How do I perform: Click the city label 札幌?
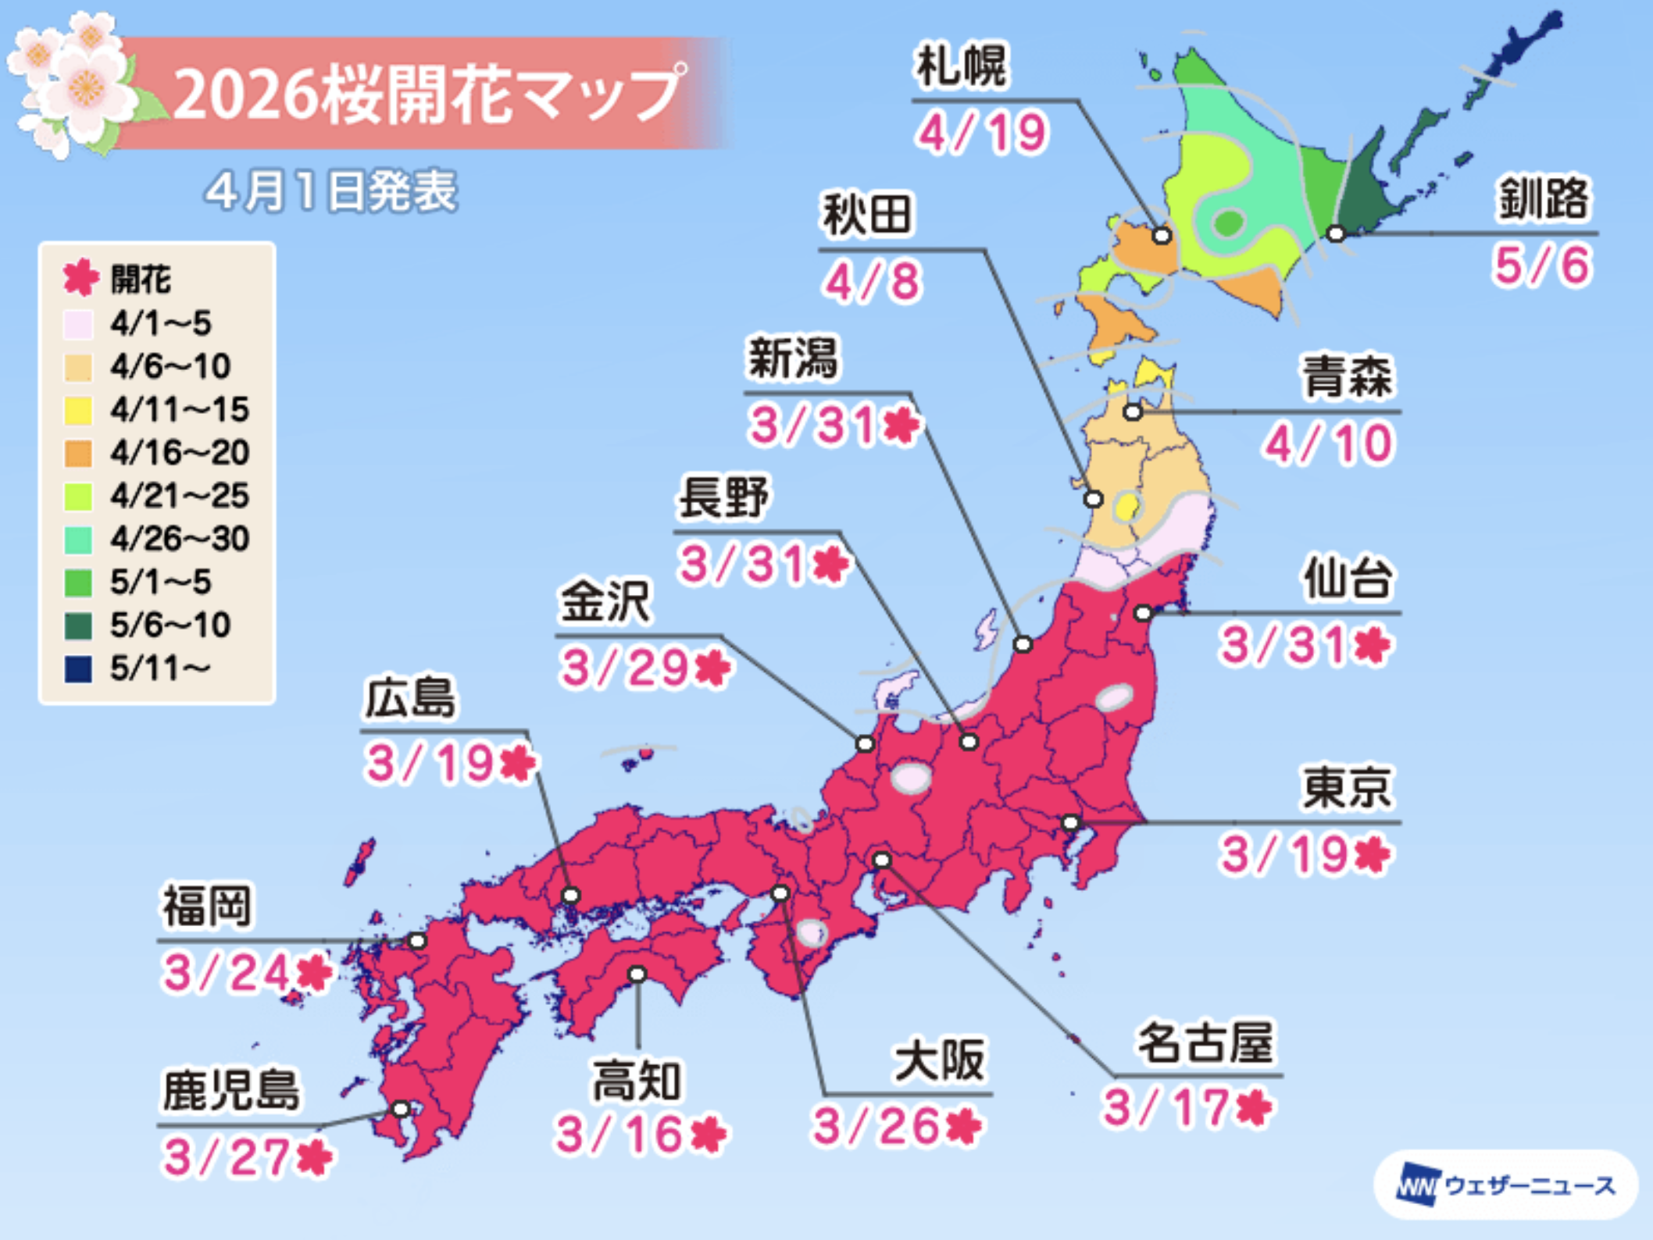pyautogui.click(x=962, y=67)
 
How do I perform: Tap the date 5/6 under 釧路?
pyautogui.click(x=1541, y=265)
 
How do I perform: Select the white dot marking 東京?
pyautogui.click(x=1070, y=823)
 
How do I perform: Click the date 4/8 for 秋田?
pyautogui.click(x=873, y=282)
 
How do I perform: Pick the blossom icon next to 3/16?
pyautogui.click(x=709, y=1134)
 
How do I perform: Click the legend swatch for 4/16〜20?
pyautogui.click(x=78, y=453)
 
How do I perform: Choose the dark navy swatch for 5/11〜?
pyautogui.click(x=78, y=668)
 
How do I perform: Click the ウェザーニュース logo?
pyautogui.click(x=1505, y=1185)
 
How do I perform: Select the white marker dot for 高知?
pyautogui.click(x=637, y=975)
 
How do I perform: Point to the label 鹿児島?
pyautogui.click(x=230, y=1091)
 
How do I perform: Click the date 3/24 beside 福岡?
pyautogui.click(x=227, y=973)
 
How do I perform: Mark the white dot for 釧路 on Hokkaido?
pyautogui.click(x=1336, y=233)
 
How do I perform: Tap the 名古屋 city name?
pyautogui.click(x=1205, y=1042)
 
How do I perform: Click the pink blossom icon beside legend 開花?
pyautogui.click(x=80, y=278)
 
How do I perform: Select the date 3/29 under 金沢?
pyautogui.click(x=625, y=668)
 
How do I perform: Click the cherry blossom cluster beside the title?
pyautogui.click(x=74, y=82)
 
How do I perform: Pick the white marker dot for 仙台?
pyautogui.click(x=1143, y=614)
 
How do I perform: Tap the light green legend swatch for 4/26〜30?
pyautogui.click(x=78, y=540)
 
